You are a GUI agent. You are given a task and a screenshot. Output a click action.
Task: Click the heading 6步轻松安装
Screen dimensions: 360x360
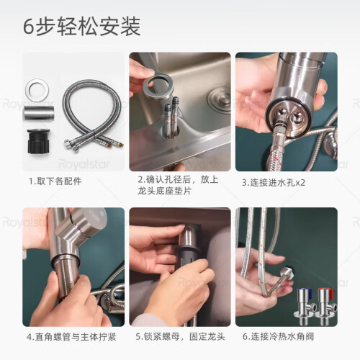pos(81,27)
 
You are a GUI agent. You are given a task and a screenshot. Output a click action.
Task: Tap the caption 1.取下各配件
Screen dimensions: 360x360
pos(55,181)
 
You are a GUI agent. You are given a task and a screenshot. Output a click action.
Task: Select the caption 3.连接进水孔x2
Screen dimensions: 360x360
pos(274,183)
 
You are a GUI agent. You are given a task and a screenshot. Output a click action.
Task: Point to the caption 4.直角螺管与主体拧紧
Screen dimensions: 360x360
pos(71,337)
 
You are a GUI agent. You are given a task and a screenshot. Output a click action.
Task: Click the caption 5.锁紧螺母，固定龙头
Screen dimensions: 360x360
pos(180,336)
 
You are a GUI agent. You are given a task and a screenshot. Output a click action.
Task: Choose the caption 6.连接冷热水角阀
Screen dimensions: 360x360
pos(278,336)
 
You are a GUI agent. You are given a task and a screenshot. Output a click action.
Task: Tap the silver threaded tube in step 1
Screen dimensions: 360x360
pos(38,112)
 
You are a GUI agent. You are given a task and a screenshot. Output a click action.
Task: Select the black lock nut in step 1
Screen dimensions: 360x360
pos(39,140)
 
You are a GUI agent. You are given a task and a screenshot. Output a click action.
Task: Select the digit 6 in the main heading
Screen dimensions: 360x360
pos(29,27)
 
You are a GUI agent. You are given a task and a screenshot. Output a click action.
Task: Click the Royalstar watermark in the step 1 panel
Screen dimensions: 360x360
pos(84,164)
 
